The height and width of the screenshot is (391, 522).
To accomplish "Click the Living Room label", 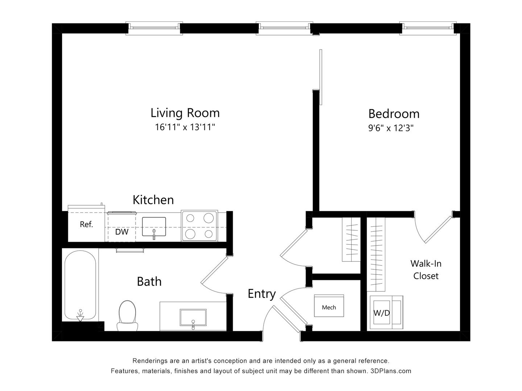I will [185, 113].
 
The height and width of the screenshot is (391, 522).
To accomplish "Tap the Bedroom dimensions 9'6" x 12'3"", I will [391, 128].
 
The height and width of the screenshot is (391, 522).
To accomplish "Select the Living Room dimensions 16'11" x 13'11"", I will [185, 127].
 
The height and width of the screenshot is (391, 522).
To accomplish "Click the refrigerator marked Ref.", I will [86, 224].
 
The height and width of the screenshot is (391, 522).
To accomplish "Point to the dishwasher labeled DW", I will [121, 232].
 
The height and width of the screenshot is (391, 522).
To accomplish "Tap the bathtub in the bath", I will [80, 286].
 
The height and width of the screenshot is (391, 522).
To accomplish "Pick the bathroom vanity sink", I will [193, 319].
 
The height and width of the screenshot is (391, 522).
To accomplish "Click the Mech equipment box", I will [329, 306].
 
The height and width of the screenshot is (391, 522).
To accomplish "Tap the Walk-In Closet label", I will [426, 270].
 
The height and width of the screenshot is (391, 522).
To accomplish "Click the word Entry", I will [261, 294].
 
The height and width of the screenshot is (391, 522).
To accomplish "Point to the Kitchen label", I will [153, 200].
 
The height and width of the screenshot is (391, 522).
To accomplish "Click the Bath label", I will [149, 281].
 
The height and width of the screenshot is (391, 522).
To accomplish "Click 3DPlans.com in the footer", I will [391, 371].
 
